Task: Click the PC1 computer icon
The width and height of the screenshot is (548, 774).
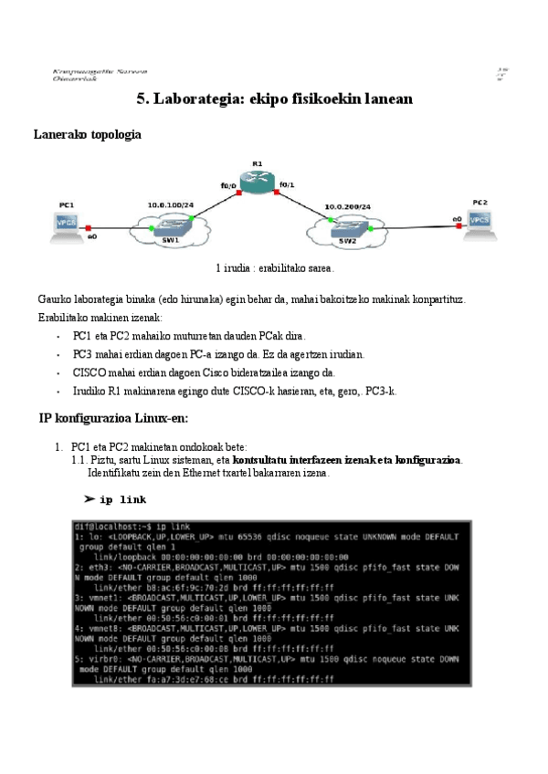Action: [67, 224]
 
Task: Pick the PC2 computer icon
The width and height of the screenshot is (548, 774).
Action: [480, 221]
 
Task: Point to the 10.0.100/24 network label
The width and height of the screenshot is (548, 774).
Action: [170, 205]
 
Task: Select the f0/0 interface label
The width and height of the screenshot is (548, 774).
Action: [227, 186]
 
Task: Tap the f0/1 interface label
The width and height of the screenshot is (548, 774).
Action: [287, 185]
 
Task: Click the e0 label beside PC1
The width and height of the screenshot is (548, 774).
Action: [92, 237]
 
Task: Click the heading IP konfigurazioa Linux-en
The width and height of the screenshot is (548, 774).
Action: [112, 418]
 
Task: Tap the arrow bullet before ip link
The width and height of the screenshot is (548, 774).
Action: [90, 499]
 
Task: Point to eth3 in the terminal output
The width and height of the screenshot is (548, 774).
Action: [96, 567]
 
